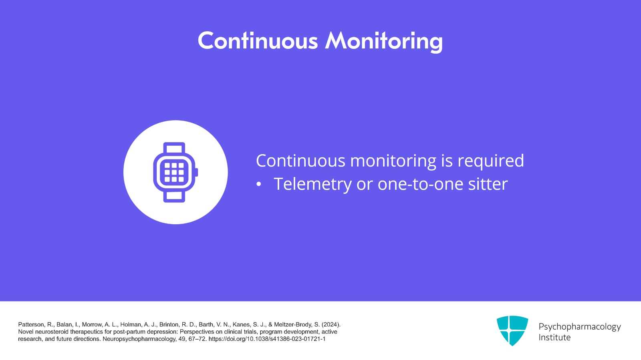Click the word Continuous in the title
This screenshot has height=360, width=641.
[x=258, y=40]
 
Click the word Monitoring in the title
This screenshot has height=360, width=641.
[x=384, y=42]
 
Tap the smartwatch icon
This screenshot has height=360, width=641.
[x=175, y=172]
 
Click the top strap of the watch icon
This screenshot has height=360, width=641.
[x=174, y=149]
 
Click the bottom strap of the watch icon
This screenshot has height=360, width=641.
[x=174, y=197]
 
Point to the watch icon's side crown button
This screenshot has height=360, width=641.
[x=197, y=173]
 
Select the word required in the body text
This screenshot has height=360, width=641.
[x=491, y=161]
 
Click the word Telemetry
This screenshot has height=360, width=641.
[x=312, y=184]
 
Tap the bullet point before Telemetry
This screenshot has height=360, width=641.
[x=259, y=185]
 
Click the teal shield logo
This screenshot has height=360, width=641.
[x=512, y=330]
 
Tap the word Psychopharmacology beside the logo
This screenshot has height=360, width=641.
[x=579, y=327]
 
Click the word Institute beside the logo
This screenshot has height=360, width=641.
[x=554, y=338]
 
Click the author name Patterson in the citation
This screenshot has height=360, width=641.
[x=30, y=325]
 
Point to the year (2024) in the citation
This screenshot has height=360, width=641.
[x=331, y=325]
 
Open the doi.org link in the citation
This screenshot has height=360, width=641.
[x=267, y=339]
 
